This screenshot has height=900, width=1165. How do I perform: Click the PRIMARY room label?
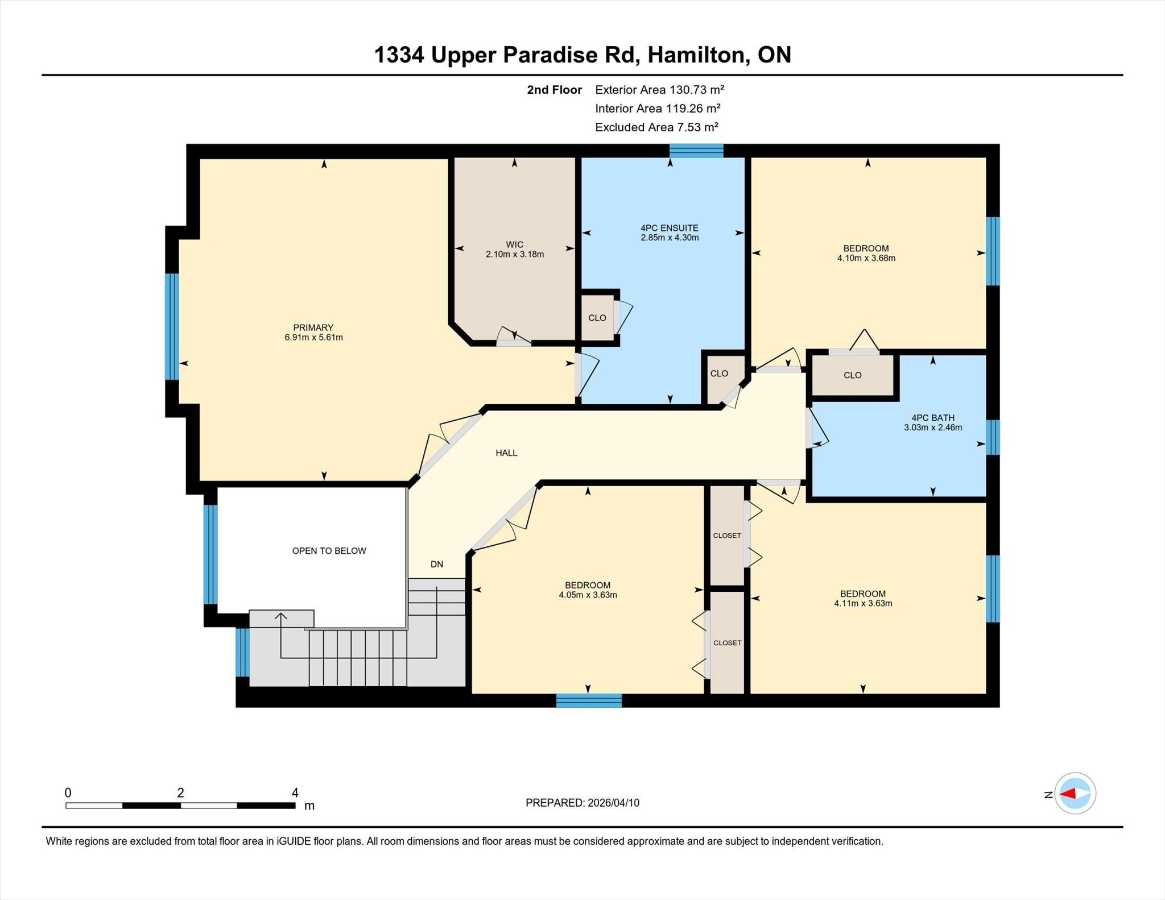click(313, 327)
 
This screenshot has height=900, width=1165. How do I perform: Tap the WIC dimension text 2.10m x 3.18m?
click(515, 254)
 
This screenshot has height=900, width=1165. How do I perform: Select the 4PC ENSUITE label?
click(670, 228)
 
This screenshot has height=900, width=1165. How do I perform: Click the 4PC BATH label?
click(933, 418)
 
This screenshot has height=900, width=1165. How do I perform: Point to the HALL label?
click(506, 453)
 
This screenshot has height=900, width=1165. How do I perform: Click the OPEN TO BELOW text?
click(329, 551)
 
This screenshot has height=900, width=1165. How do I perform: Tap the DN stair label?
click(437, 565)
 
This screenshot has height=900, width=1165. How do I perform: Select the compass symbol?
click(1075, 794)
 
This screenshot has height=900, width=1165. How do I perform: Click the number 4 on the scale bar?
click(295, 793)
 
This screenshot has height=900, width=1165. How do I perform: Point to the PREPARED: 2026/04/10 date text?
click(582, 803)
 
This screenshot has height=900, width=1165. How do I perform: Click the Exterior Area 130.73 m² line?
click(659, 90)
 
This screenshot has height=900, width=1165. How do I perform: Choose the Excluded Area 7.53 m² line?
click(656, 127)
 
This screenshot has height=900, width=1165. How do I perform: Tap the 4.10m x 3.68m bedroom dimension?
click(866, 258)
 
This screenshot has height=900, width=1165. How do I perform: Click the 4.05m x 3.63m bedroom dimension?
click(588, 595)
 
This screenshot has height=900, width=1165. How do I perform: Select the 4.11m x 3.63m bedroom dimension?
click(863, 604)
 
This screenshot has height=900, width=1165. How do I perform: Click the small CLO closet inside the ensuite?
click(597, 318)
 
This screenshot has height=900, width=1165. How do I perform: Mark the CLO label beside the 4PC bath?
click(853, 375)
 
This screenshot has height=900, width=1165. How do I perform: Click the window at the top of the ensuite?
click(696, 151)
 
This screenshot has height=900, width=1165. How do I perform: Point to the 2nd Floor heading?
click(555, 90)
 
